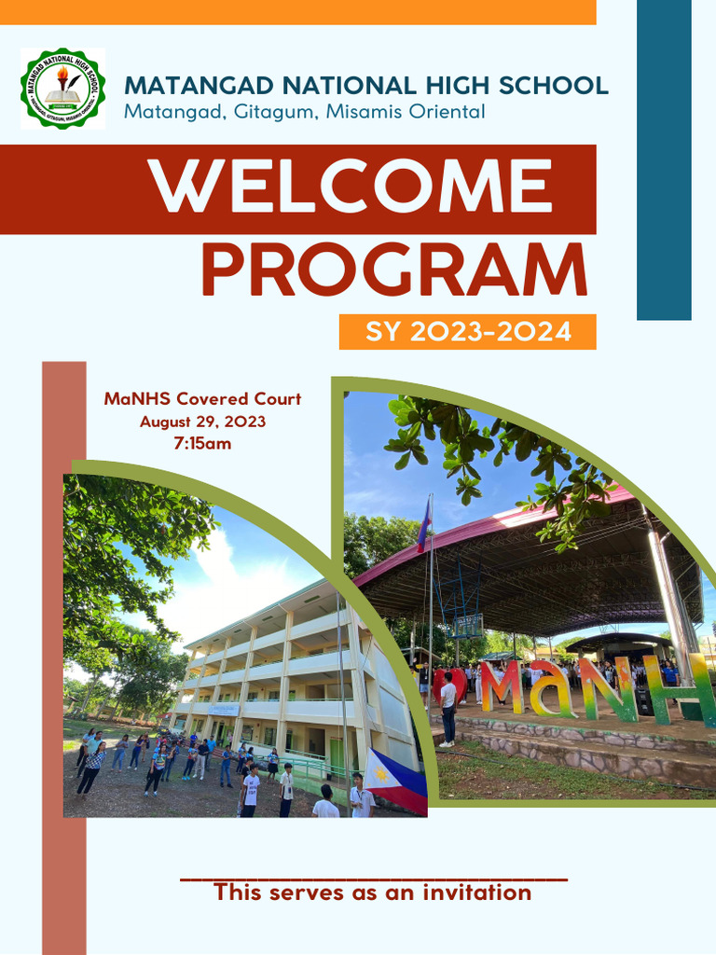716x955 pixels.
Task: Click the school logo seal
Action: coord(62,89)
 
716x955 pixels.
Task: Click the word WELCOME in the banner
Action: coord(352,187)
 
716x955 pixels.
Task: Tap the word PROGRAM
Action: coord(393,271)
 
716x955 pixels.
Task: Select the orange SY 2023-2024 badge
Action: coord(467,331)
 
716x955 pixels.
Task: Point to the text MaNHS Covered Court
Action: coord(202,399)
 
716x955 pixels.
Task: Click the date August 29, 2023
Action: coord(202,422)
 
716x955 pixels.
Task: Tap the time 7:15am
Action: coord(202,444)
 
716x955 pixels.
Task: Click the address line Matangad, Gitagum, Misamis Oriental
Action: coord(305,113)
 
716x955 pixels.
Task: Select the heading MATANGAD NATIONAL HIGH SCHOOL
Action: coord(365,86)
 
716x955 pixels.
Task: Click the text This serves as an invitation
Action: coord(373,893)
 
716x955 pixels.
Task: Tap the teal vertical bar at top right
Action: coord(664,159)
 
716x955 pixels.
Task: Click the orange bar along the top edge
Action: coord(297,11)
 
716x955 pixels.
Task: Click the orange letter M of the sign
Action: coord(501,687)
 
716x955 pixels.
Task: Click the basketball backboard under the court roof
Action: coord(468,624)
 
